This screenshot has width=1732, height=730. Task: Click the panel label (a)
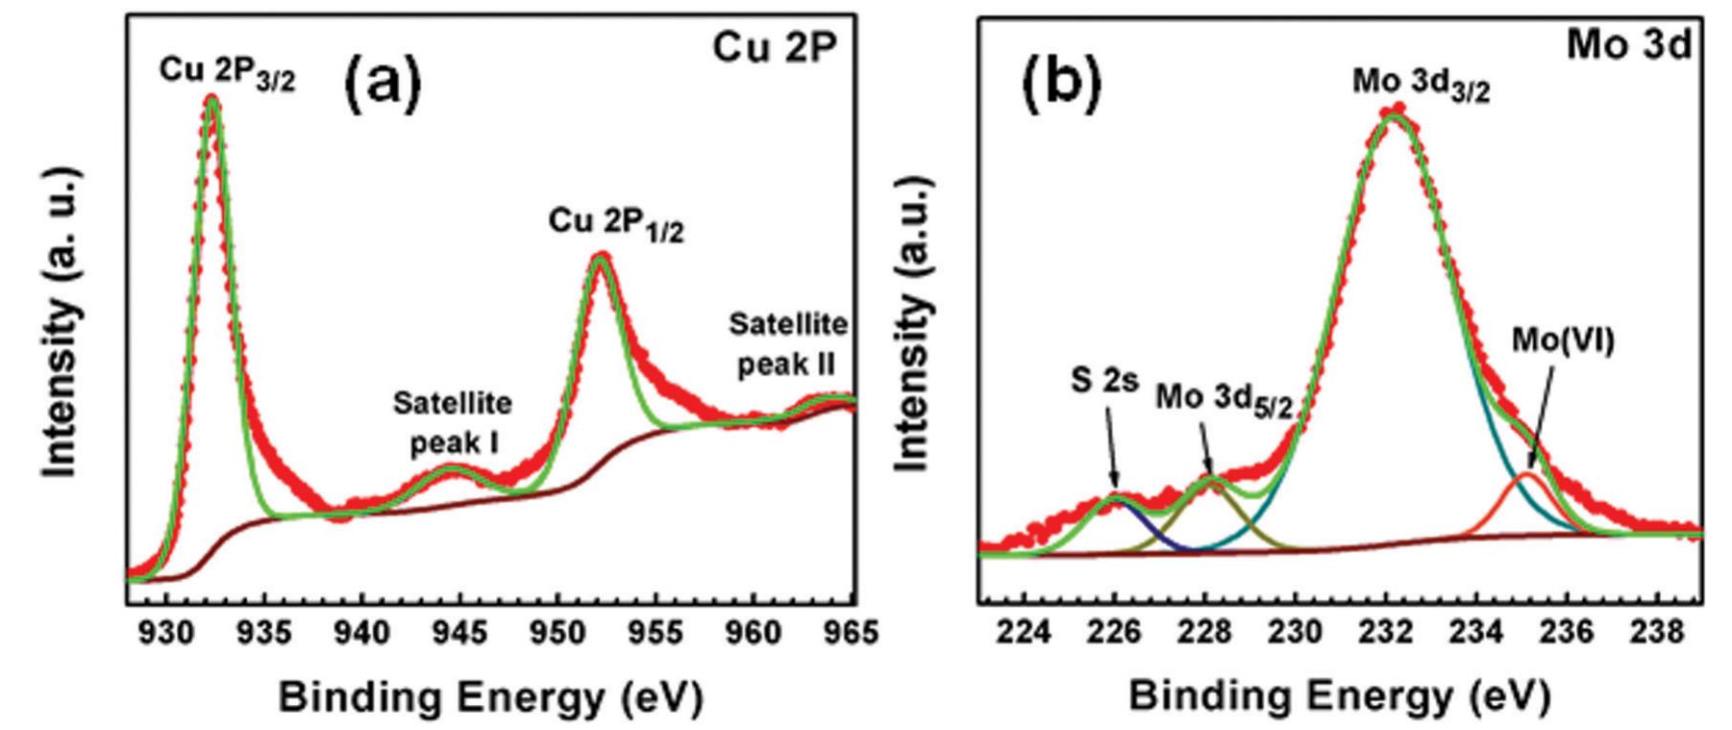click(383, 83)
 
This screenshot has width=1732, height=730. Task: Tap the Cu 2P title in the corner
click(769, 47)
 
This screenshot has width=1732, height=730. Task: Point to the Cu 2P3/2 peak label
click(227, 73)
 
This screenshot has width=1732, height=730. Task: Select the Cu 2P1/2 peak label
click(616, 224)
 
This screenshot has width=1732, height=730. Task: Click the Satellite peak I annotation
click(453, 422)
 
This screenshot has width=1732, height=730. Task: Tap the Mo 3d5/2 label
click(1223, 398)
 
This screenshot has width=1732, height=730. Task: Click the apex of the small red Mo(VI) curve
click(1526, 474)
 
